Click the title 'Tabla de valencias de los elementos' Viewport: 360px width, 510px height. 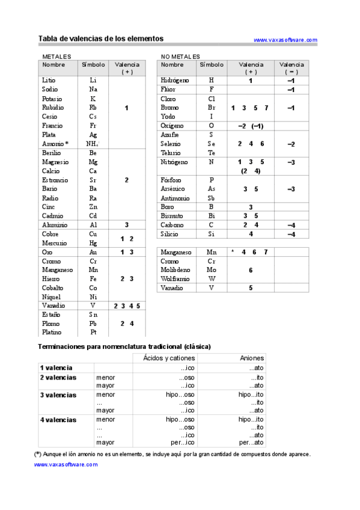pyautogui.click(x=101, y=38)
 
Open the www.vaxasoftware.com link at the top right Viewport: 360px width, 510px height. pyautogui.click(x=285, y=40)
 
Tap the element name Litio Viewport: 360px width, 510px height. pyautogui.click(x=49, y=80)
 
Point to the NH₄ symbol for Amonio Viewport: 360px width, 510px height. pyautogui.click(x=93, y=144)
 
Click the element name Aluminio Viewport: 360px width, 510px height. pyautogui.click(x=55, y=225)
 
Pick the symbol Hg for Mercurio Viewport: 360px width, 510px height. pyautogui.click(x=93, y=243)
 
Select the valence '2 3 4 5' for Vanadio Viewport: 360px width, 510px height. pyautogui.click(x=127, y=306)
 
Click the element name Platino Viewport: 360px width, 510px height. pyautogui.click(x=52, y=332)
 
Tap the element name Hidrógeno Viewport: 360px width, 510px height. pyautogui.click(x=175, y=80)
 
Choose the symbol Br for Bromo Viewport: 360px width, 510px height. pyautogui.click(x=211, y=108)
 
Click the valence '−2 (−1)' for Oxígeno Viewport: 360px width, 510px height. pyautogui.click(x=251, y=126)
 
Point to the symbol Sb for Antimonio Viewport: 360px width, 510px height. pyautogui.click(x=211, y=198)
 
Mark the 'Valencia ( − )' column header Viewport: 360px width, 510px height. pyautogui.click(x=291, y=68)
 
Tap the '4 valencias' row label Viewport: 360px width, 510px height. pyautogui.click(x=58, y=420)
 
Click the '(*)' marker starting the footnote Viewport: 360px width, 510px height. pyautogui.click(x=38, y=454)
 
